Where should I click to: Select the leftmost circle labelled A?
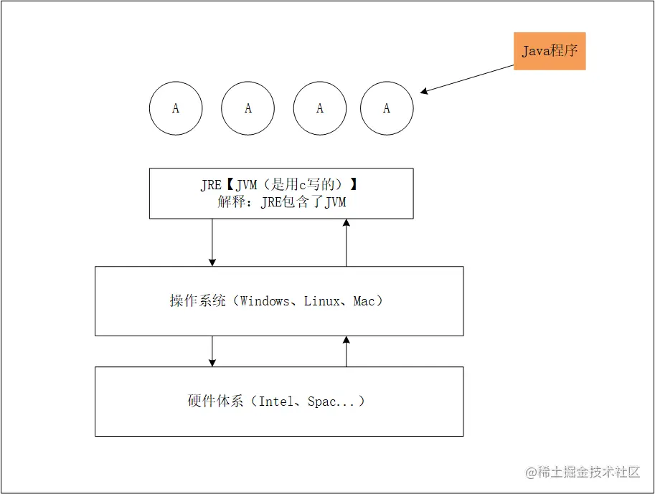click(176, 108)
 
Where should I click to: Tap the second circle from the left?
click(248, 108)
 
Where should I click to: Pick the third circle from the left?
click(320, 108)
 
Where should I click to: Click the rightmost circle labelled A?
click(387, 108)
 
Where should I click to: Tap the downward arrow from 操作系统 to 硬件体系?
click(212, 351)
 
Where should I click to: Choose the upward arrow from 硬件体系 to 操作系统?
click(347, 351)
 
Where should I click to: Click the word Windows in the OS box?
click(265, 301)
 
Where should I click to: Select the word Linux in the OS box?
click(322, 301)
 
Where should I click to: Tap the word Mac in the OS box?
click(364, 301)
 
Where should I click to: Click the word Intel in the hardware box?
click(276, 402)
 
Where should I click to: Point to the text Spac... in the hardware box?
click(331, 402)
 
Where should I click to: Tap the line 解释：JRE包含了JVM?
click(282, 202)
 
